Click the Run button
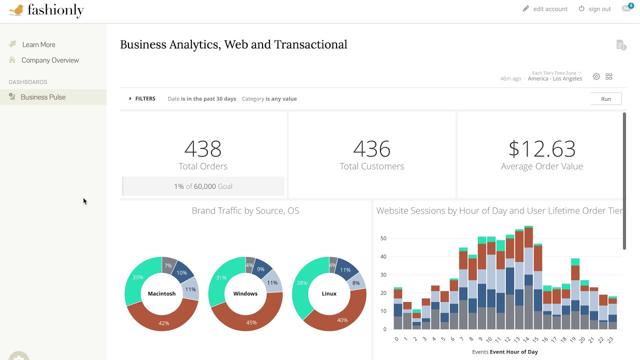click(x=605, y=99)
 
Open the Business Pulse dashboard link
click(x=43, y=97)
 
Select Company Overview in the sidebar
click(x=50, y=60)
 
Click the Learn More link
click(x=38, y=44)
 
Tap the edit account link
click(x=550, y=9)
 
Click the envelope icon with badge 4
click(x=626, y=8)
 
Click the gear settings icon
click(x=596, y=76)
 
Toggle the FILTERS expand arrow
click(x=130, y=99)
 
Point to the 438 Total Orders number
click(x=202, y=149)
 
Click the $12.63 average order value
click(x=541, y=149)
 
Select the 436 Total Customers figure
click(x=371, y=149)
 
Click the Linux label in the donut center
click(x=329, y=294)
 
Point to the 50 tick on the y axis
click(x=383, y=238)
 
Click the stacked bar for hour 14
click(x=528, y=280)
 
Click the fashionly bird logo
click(x=16, y=10)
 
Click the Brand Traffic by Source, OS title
click(x=245, y=211)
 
